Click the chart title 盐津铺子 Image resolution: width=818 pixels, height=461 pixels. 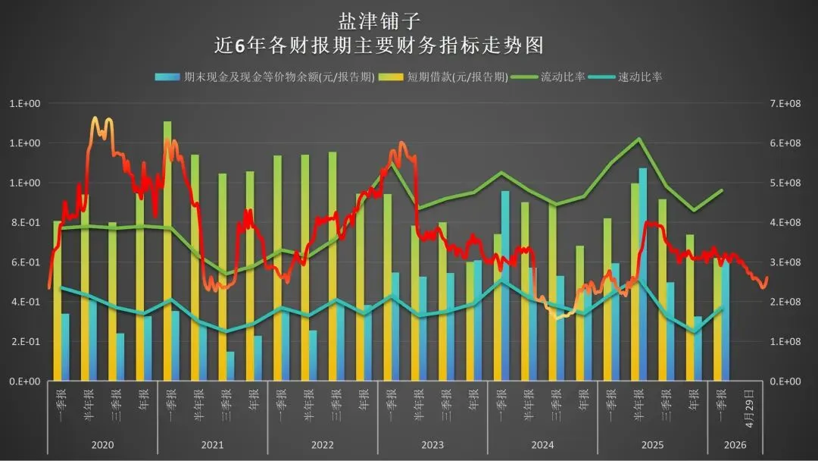click(x=379, y=21)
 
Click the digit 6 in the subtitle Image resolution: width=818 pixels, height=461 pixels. click(x=240, y=46)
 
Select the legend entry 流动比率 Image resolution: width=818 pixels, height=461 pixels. click(x=548, y=77)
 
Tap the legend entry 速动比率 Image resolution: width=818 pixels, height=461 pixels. click(x=626, y=77)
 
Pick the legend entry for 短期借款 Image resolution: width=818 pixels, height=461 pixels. click(x=443, y=77)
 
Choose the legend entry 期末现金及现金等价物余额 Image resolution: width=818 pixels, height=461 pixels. click(x=265, y=77)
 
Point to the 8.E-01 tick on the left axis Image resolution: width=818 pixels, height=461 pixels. click(x=26, y=222)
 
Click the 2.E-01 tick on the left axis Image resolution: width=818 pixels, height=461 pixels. click(x=26, y=341)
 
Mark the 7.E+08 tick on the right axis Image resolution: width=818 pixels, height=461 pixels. click(x=785, y=103)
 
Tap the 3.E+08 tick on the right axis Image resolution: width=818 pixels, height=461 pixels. click(x=785, y=262)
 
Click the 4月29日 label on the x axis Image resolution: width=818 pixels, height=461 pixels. click(x=749, y=408)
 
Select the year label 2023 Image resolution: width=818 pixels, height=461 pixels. click(x=432, y=445)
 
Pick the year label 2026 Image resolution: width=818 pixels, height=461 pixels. click(x=735, y=445)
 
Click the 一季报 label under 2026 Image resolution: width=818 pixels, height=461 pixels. click(x=722, y=405)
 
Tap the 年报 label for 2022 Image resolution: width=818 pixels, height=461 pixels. click(x=364, y=400)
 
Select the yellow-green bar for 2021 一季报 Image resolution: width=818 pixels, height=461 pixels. click(x=167, y=251)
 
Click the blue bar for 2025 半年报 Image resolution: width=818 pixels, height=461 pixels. click(x=643, y=274)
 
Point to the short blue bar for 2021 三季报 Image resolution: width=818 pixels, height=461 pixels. click(x=230, y=366)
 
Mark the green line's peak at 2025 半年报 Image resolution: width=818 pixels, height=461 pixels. click(x=639, y=138)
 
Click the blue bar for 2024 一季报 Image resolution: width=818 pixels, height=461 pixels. click(x=505, y=286)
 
